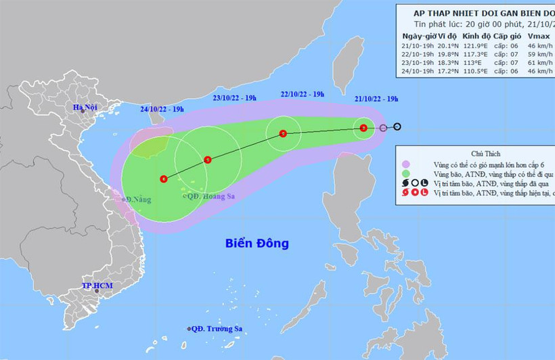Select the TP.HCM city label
pyautogui.click(x=97, y=286)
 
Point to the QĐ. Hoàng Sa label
pyautogui.click(x=209, y=197)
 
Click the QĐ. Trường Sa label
pyautogui.click(x=217, y=329)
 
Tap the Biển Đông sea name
pyautogui.click(x=257, y=243)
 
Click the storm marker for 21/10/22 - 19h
pyautogui.click(x=364, y=127)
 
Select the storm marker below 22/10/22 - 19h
pyautogui.click(x=282, y=133)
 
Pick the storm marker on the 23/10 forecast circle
pyautogui.click(x=207, y=160)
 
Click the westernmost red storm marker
pyautogui.click(x=164, y=179)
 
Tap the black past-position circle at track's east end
pyautogui.click(x=397, y=127)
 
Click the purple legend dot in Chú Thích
pyautogui.click(x=405, y=164)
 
